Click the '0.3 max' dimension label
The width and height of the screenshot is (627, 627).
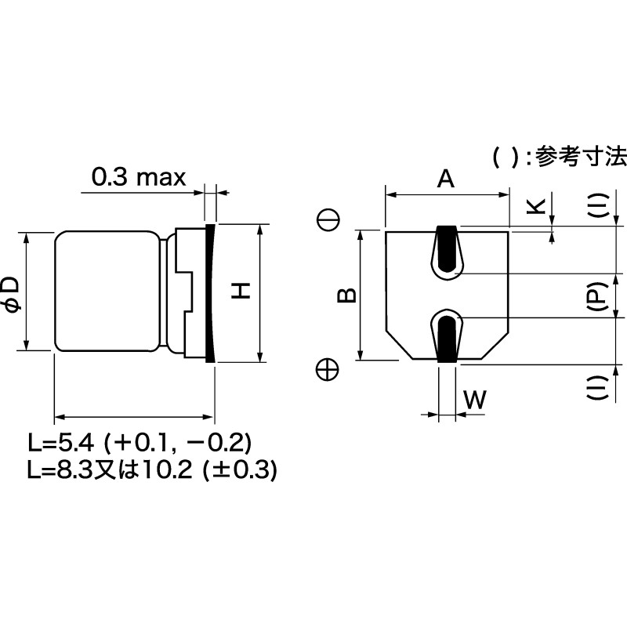(139, 177)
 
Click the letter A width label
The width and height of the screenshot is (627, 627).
(445, 179)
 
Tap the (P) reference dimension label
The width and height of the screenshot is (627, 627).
(596, 296)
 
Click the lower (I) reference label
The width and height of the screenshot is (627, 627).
(596, 389)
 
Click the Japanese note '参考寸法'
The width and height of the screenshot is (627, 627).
(580, 157)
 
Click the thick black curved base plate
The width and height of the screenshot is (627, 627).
(210, 292)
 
